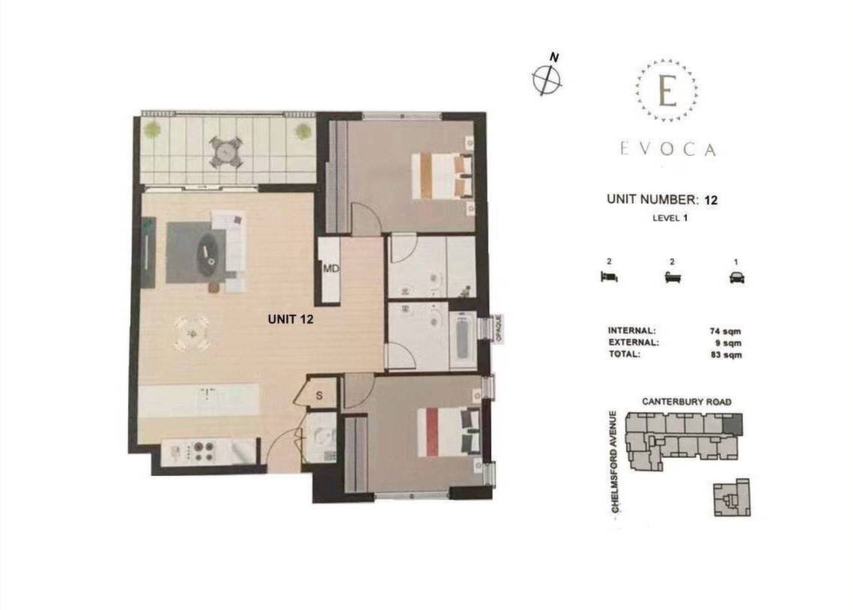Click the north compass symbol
547,79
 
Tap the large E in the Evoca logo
667,91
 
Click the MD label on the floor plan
331,269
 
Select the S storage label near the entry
319,396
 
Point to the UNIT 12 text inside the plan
291,319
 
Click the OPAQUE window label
498,329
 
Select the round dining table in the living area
192,333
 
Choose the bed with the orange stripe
442,176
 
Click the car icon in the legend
737,277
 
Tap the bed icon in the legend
609,277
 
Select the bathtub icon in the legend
673,277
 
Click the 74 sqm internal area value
725,330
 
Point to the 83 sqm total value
726,354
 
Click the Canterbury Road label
687,402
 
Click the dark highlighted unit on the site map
732,424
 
